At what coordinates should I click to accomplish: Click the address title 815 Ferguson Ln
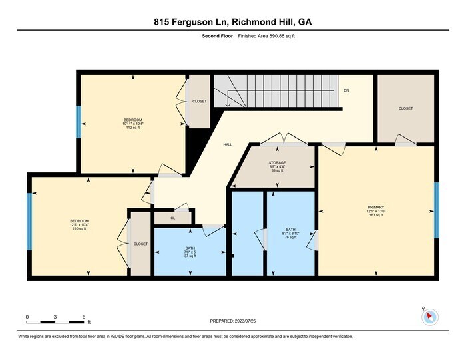tap(232, 22)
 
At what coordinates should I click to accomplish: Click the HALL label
tap(227, 144)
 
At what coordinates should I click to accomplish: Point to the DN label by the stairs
tap(346, 90)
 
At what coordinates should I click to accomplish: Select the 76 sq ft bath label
tap(290, 231)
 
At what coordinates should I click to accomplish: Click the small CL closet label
tap(172, 217)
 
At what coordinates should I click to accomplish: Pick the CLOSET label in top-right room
tap(405, 108)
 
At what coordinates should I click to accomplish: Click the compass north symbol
tap(431, 317)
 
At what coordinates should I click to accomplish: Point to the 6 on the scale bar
tap(84, 316)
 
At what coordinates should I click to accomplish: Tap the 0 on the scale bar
tap(27, 316)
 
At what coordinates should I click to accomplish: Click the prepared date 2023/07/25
tap(232, 323)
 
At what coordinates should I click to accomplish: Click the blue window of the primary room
tap(437, 210)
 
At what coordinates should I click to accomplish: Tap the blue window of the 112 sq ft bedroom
tap(79, 122)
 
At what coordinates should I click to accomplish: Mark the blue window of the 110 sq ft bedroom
tap(29, 221)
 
